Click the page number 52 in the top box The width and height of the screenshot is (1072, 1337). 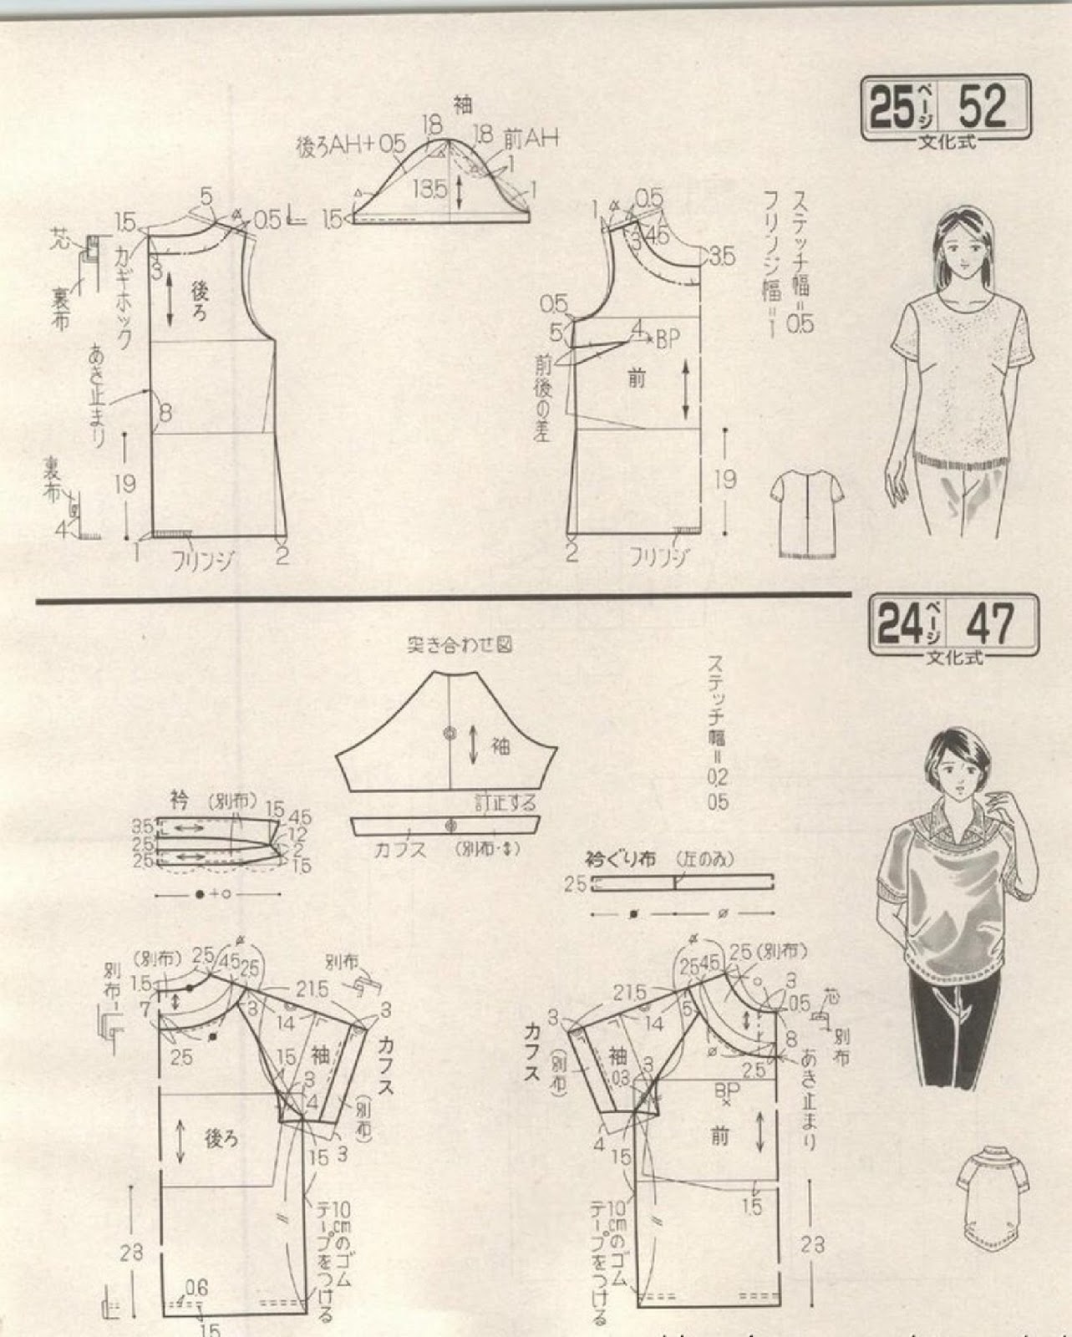tap(983, 106)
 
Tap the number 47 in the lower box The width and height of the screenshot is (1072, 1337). tap(990, 622)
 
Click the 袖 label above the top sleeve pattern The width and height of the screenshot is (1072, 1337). tap(463, 104)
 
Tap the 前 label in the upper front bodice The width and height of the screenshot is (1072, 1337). tap(637, 379)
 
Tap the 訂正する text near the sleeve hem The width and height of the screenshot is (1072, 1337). tap(505, 804)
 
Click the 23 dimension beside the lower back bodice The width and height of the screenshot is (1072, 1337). tap(131, 1252)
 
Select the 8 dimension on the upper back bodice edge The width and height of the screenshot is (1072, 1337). tap(165, 412)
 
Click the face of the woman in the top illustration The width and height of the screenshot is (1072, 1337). tap(967, 242)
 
